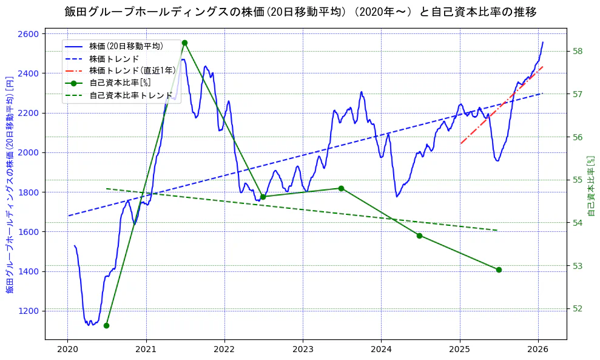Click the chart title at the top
coord(300,12)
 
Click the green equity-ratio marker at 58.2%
coord(184,42)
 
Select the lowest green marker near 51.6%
coord(106,325)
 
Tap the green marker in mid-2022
coord(263,197)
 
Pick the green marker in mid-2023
coord(341,188)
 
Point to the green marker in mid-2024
coord(419,236)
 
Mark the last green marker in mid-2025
coord(499,270)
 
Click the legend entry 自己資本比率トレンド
coord(130,95)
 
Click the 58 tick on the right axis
coord(578,51)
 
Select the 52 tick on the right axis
coord(578,308)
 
